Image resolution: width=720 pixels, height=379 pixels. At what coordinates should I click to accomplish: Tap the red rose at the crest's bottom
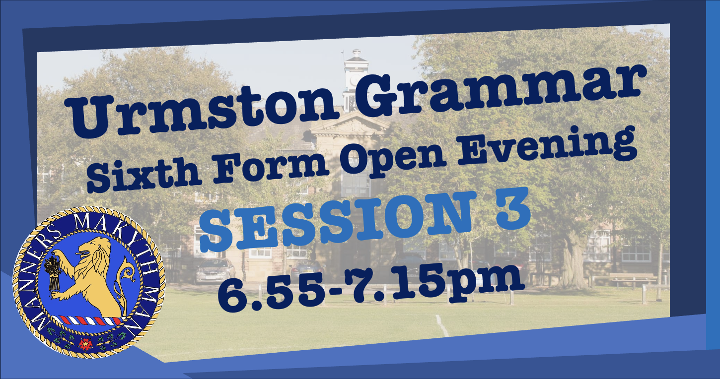pyautogui.click(x=86, y=344)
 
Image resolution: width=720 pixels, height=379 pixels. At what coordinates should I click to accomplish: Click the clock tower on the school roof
pyautogui.click(x=355, y=80)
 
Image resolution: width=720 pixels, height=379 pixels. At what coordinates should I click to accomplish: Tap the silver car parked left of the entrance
pyautogui.click(x=216, y=271)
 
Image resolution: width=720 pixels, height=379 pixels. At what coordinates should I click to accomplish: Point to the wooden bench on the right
pyautogui.click(x=632, y=279)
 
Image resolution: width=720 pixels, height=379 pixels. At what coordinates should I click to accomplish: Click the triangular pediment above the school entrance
pyautogui.click(x=351, y=124)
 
